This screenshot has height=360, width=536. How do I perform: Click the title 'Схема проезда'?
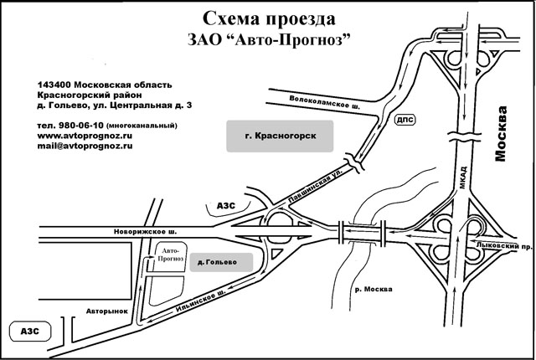click(x=269, y=19)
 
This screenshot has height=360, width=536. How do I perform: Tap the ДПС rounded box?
click(x=405, y=120)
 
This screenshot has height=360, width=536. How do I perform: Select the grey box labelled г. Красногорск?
click(x=280, y=136)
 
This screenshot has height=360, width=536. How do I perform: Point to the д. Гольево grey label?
click(x=221, y=262)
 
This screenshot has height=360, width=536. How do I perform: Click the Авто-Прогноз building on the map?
click(x=171, y=257)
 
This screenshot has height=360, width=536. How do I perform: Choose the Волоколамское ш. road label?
click(x=324, y=102)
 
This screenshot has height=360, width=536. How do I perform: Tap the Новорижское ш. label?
click(x=145, y=232)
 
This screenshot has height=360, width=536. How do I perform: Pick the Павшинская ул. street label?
click(x=315, y=187)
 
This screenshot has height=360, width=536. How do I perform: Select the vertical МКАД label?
click(x=462, y=177)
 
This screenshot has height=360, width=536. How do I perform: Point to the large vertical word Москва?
click(x=500, y=134)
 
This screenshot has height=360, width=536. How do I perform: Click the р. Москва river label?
click(x=374, y=290)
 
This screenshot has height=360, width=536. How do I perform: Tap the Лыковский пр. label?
click(x=504, y=245)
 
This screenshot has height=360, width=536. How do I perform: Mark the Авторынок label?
click(x=106, y=311)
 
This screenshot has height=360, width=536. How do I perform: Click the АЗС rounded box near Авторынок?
click(x=30, y=332)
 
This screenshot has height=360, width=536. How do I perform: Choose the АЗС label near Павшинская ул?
click(x=226, y=206)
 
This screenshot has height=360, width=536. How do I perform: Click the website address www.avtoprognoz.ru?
click(x=85, y=136)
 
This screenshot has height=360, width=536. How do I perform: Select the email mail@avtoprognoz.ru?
click(x=85, y=146)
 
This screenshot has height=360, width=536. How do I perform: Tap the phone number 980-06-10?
click(x=81, y=126)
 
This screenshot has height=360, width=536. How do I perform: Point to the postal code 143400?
click(x=54, y=85)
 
